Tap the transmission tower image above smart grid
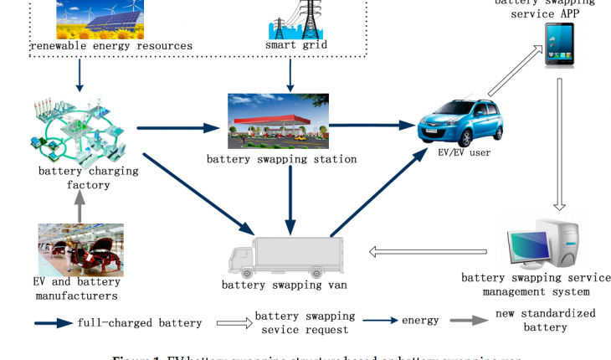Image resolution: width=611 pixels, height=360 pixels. pos(290,17)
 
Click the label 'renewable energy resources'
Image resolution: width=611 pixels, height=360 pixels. pos(111,45)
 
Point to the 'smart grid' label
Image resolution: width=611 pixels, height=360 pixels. pos(290,45)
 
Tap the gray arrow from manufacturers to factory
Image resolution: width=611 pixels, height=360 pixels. pos(80,207)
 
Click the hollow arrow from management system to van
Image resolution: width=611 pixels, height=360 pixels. pos(429,249)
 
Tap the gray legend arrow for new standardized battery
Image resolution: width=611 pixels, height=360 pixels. pos(467,320)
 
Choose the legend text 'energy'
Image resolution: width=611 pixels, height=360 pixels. pos(420,321)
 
